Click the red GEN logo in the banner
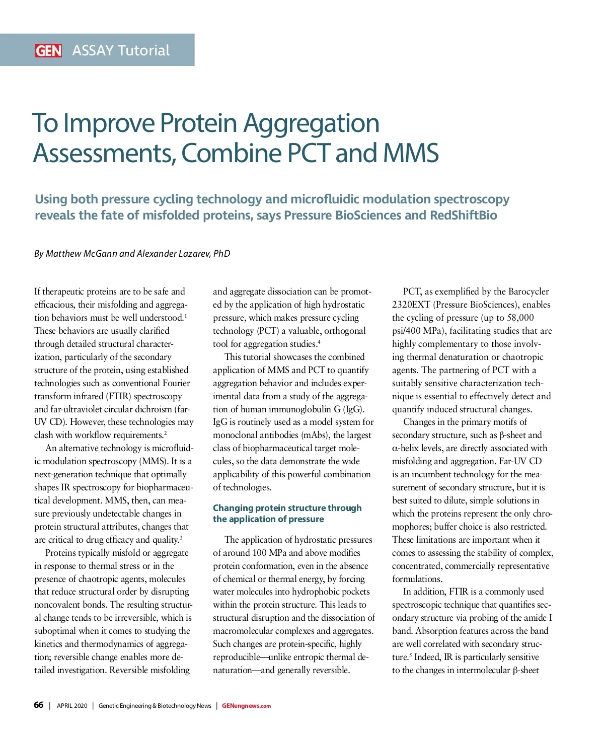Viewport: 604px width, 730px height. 48,50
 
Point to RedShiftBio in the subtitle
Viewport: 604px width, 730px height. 463,215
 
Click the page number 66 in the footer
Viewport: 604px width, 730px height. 39,705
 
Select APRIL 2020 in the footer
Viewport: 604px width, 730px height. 72,706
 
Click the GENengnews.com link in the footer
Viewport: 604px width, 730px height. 246,706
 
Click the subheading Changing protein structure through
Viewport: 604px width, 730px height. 287,508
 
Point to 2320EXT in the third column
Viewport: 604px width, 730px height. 411,305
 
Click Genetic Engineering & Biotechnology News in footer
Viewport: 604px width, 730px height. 155,706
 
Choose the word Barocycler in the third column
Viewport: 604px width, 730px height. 528,291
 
